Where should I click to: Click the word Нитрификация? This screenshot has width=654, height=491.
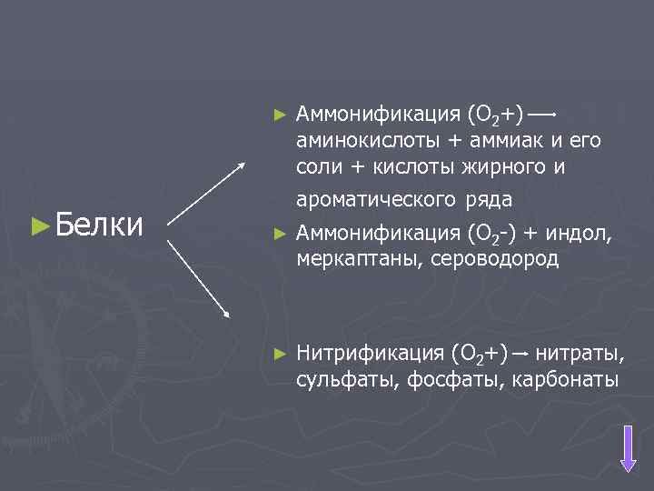click(x=369, y=353)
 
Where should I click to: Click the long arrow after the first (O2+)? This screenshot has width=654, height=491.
click(x=543, y=115)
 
